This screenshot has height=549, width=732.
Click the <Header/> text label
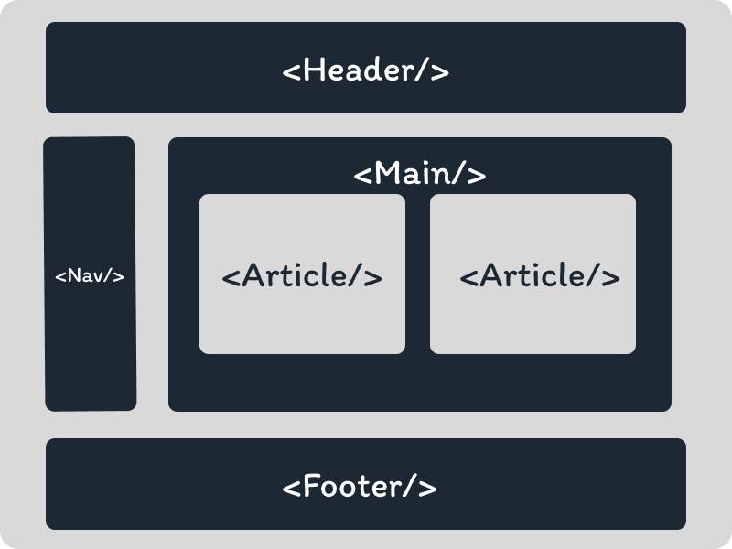[366, 70]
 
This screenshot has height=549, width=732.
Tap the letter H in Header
[313, 70]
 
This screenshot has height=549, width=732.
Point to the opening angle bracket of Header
[292, 71]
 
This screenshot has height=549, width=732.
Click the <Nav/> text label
[90, 275]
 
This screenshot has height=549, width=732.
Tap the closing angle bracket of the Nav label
[119, 275]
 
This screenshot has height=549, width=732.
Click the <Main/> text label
[420, 174]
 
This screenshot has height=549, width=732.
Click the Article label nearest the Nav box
[302, 276]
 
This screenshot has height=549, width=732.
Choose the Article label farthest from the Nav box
[540, 276]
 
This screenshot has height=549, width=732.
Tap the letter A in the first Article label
[253, 276]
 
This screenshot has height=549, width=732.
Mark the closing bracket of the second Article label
[611, 276]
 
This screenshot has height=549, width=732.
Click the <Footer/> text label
[360, 486]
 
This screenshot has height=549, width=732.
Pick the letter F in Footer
[312, 486]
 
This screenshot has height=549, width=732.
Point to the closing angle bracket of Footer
[427, 487]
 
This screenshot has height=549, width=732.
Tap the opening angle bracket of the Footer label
[292, 487]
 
